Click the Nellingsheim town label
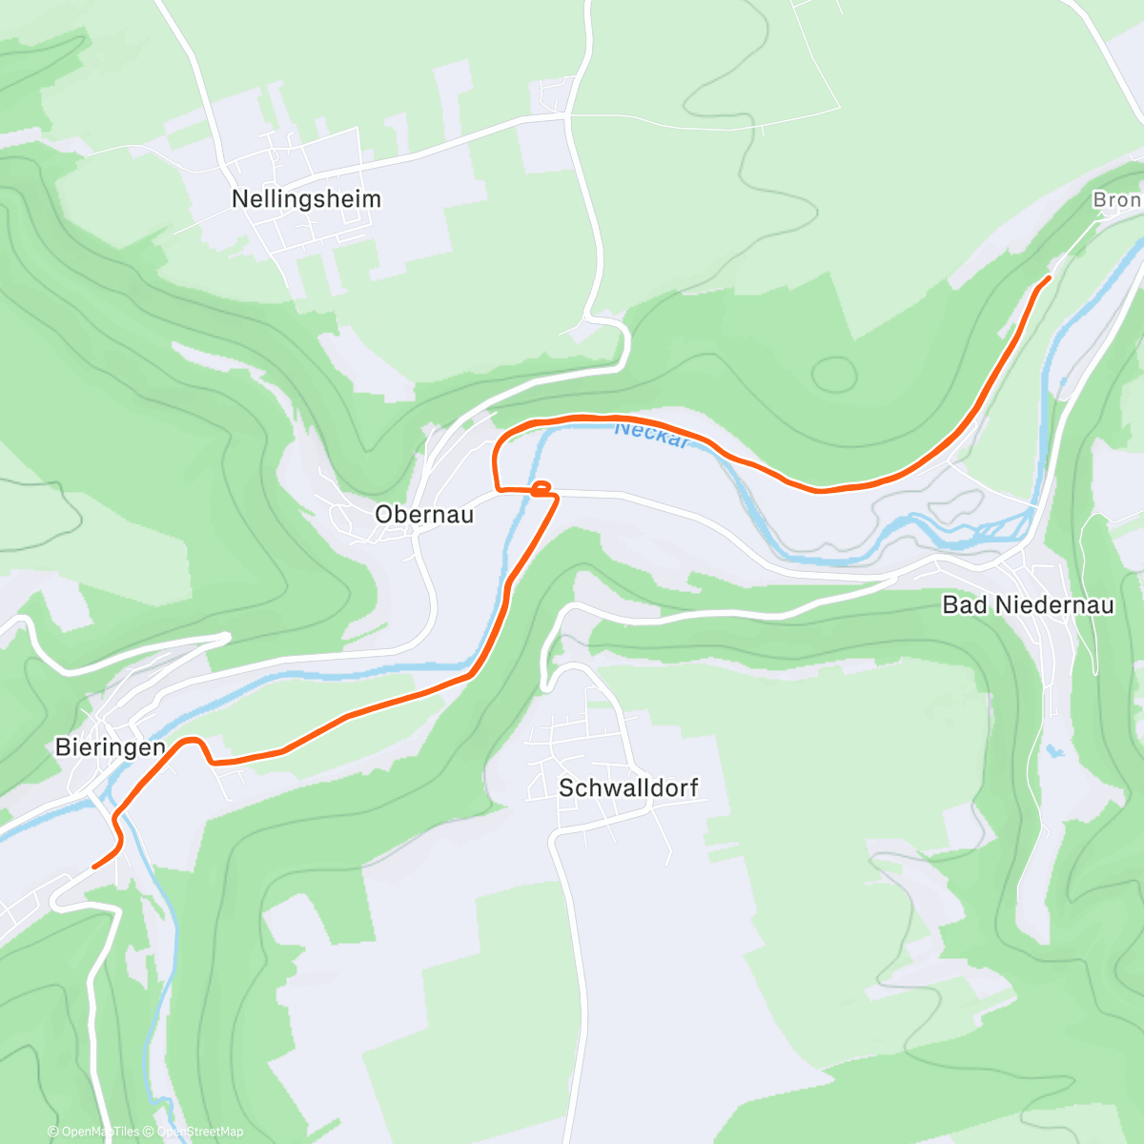306,199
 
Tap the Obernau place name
424,515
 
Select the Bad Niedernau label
1028,605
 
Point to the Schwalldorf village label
628,788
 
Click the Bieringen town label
111,747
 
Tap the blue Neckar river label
651,434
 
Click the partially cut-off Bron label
1116,200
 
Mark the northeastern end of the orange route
1049,277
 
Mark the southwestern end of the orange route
93,867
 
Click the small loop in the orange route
541,489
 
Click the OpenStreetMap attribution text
199,1132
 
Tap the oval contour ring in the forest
833,374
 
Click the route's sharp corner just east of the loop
558,497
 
